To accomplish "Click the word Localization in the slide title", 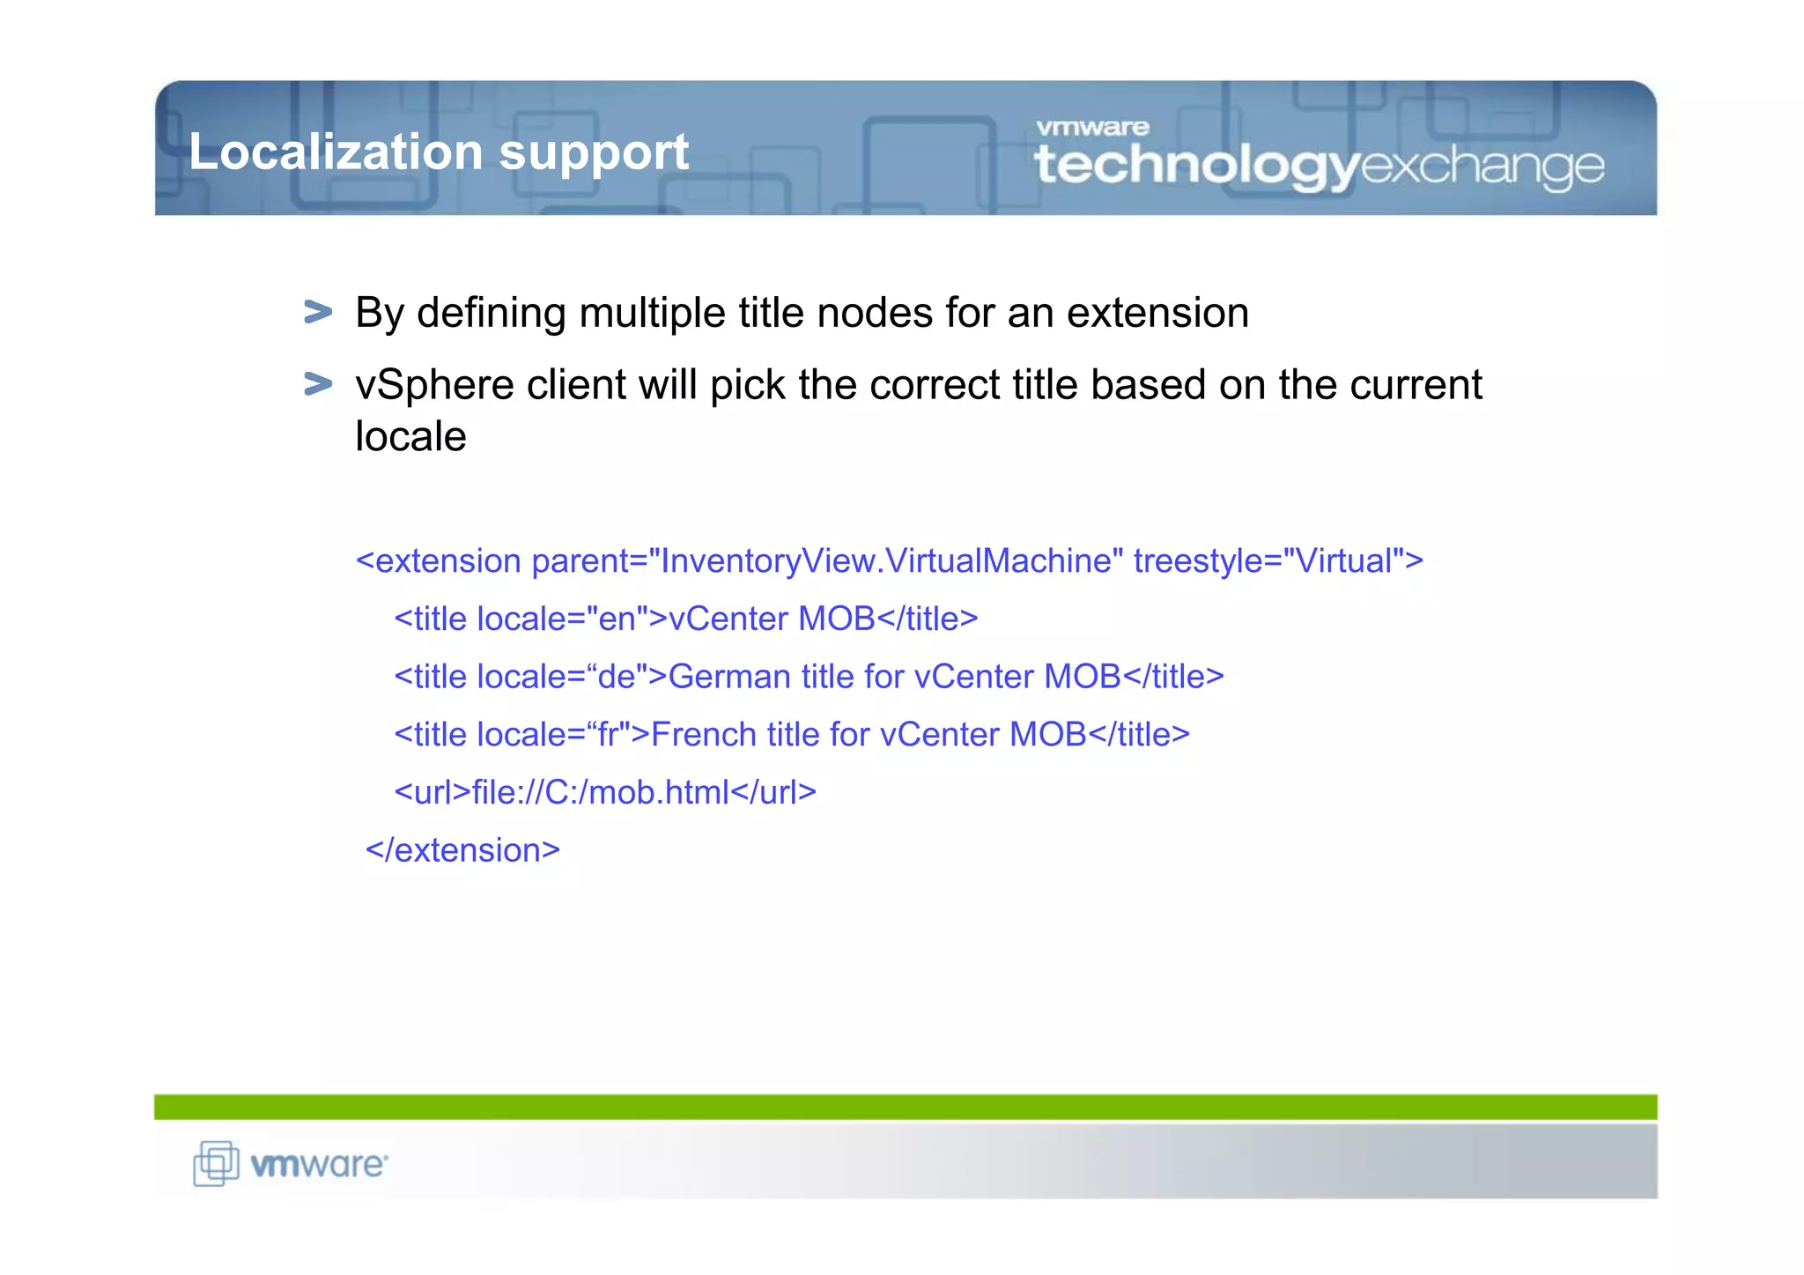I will [336, 152].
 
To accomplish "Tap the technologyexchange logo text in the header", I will [1319, 166].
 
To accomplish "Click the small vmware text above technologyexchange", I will [1092, 128].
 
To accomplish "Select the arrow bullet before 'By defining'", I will [317, 312].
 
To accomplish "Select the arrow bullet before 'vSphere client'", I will [317, 384].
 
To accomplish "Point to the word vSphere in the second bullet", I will [433, 386].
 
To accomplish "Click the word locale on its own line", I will [410, 436].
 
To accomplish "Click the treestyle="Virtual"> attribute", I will [1277, 561].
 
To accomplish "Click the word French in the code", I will [703, 735].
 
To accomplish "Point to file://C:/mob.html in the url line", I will [601, 792].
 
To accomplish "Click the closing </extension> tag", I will [462, 850].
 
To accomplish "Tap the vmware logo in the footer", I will [318, 1165].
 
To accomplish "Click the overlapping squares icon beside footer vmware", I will [216, 1163].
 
